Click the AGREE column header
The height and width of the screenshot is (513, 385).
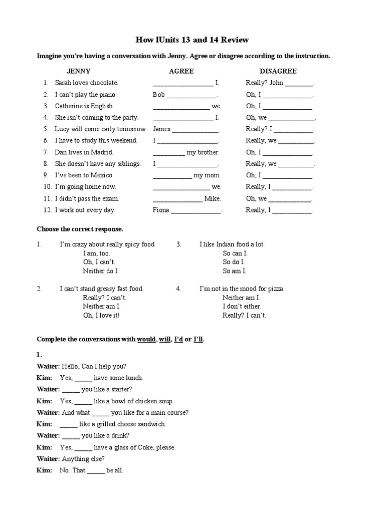[181, 71]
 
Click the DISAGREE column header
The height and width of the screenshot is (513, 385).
[278, 71]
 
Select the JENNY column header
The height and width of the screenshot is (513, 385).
[79, 71]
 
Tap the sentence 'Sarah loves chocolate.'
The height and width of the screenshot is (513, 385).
[86, 83]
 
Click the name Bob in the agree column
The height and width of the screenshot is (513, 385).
[158, 94]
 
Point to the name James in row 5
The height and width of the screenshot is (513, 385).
[161, 129]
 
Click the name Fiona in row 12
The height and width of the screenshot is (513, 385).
[161, 210]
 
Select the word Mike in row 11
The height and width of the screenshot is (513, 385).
[213, 198]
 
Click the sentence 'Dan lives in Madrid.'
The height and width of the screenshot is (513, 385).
[84, 152]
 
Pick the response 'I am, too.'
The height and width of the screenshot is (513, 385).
[96, 253]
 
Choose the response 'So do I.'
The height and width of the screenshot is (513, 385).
[234, 262]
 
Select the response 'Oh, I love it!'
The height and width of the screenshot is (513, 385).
[101, 315]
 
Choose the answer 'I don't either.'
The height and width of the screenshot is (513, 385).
[242, 306]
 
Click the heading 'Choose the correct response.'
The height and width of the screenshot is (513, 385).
[80, 229]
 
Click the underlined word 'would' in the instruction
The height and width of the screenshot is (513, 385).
[146, 340]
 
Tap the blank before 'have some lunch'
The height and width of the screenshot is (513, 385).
[83, 378]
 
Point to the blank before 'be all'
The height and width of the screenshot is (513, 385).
[96, 471]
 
